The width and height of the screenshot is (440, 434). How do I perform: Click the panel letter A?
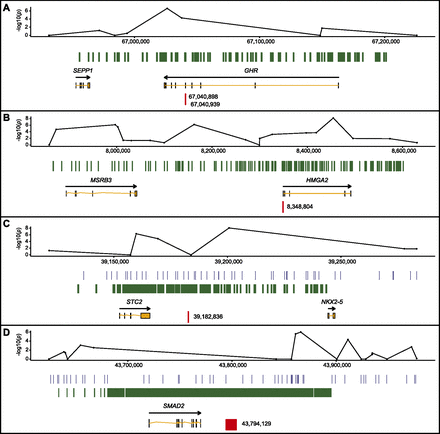pyautogui.click(x=7, y=7)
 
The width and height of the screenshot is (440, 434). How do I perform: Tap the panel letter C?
pyautogui.click(x=7, y=225)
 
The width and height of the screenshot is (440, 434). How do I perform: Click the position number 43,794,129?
pyautogui.click(x=258, y=424)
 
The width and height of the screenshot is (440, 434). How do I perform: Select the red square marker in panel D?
pyautogui.click(x=231, y=424)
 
